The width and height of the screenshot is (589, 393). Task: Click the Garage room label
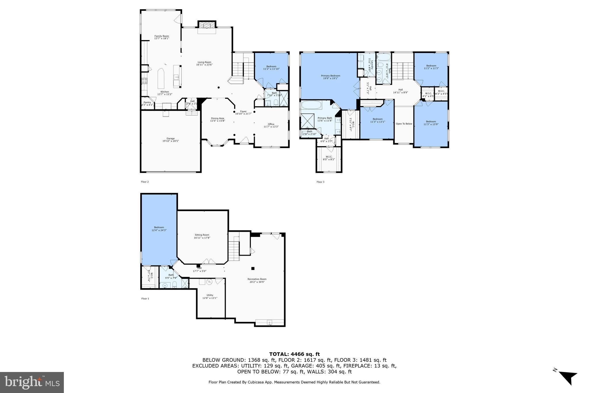point(171,140)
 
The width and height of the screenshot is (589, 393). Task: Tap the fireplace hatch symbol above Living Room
point(206,25)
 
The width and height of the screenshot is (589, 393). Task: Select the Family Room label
point(162,37)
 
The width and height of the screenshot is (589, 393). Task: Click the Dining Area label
point(217,119)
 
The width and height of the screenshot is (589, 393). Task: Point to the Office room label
point(271,125)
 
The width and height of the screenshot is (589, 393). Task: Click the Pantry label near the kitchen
point(147,103)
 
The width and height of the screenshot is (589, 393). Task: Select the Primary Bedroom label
point(330,77)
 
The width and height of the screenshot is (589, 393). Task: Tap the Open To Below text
point(404,124)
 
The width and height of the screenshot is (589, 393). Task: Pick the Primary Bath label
point(325,119)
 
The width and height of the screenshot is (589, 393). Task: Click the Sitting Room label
point(202,236)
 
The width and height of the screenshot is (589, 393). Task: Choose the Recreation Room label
point(257,280)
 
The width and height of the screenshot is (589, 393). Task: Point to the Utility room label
point(210,296)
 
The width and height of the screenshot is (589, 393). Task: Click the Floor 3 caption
point(320,182)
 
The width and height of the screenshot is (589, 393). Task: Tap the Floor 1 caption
point(145,299)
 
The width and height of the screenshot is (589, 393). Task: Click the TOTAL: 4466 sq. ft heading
point(294,354)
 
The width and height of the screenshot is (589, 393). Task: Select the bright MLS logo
point(32,382)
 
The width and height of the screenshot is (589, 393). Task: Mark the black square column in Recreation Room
point(253,268)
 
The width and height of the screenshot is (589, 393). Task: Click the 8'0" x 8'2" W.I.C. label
point(329,158)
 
